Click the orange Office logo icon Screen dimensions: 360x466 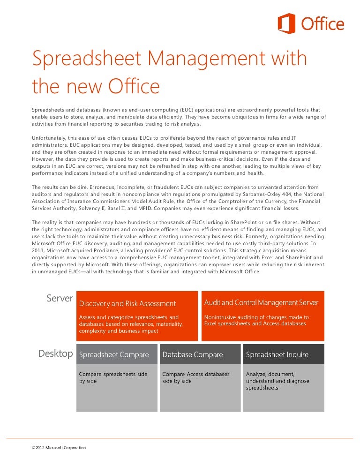287,23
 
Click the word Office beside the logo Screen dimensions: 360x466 323,24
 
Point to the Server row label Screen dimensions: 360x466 60,299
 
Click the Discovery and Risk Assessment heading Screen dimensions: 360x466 127,304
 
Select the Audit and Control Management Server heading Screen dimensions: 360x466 261,303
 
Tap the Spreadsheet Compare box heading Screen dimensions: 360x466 114,355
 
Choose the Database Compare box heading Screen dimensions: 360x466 192,355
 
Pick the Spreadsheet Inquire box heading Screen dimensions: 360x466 277,355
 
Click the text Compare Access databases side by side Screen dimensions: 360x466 196,378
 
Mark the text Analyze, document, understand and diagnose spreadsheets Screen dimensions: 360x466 277,381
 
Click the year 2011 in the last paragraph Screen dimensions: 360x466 38,250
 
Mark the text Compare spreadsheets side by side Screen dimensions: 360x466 113,378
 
